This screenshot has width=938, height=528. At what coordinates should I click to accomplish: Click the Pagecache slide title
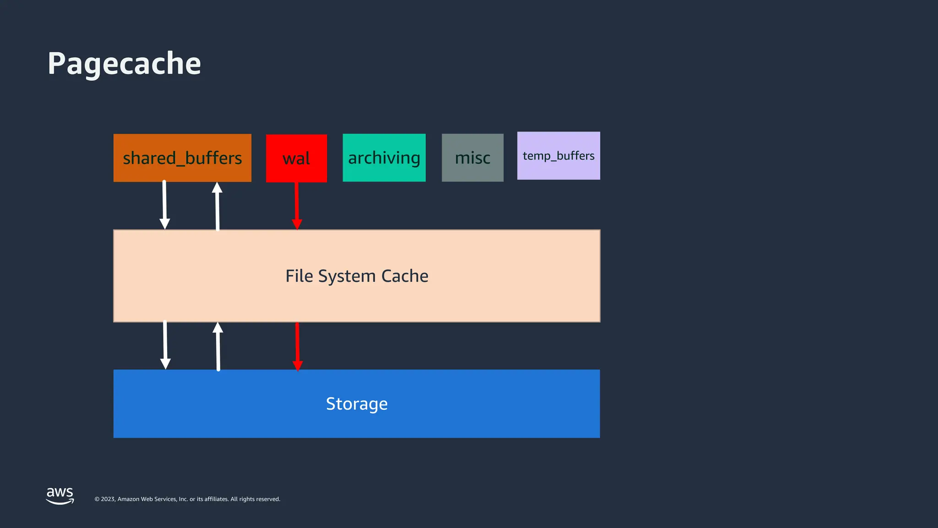click(124, 63)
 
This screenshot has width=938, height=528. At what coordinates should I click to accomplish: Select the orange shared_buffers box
click(182, 158)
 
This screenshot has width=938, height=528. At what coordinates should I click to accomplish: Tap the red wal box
click(296, 158)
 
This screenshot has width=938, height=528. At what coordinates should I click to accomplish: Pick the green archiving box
click(384, 158)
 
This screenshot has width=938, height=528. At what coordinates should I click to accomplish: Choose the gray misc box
click(472, 158)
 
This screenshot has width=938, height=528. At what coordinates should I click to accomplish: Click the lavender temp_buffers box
click(558, 156)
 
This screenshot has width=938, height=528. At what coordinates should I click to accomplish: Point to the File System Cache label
click(357, 276)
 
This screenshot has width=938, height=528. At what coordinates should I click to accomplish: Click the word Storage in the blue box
click(357, 404)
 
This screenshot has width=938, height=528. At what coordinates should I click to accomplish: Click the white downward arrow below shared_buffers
click(164, 204)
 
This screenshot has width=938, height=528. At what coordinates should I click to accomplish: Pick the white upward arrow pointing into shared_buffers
click(217, 206)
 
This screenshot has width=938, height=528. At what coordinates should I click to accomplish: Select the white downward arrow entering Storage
click(165, 345)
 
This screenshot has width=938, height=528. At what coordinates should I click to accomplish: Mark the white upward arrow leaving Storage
click(218, 346)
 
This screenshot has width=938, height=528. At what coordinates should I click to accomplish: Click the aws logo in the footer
click(60, 495)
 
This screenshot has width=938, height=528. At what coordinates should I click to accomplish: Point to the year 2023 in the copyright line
click(108, 499)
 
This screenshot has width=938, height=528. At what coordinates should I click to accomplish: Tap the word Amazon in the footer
click(128, 499)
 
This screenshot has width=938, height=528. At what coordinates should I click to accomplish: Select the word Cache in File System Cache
click(405, 276)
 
